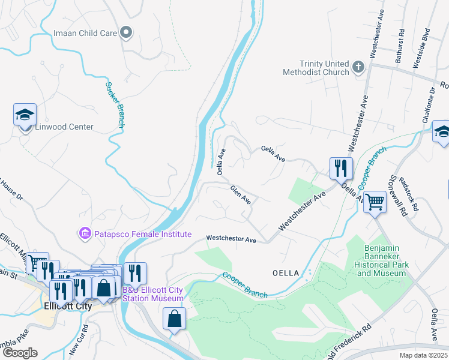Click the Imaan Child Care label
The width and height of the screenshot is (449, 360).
pyautogui.click(x=85, y=33)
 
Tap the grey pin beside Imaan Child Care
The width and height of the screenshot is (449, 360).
pyautogui.click(x=126, y=32)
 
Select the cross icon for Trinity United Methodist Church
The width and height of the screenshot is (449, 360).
pyautogui.click(x=358, y=67)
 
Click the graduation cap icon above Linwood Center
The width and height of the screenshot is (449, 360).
pyautogui.click(x=25, y=115)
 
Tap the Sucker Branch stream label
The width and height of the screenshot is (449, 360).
pyautogui.click(x=114, y=104)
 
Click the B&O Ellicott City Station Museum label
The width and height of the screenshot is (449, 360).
pyautogui.click(x=153, y=294)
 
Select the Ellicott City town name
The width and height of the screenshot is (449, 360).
pyautogui.click(x=67, y=305)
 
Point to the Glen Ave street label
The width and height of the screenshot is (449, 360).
pyautogui.click(x=240, y=194)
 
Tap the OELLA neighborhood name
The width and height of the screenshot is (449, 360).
pyautogui.click(x=285, y=273)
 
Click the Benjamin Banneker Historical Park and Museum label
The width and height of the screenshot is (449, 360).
pyautogui.click(x=381, y=260)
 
